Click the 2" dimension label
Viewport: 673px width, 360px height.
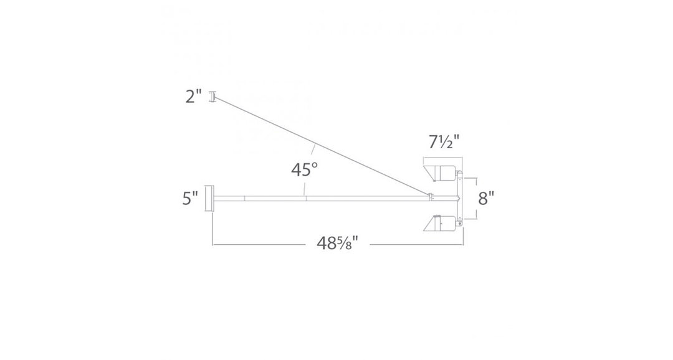pyautogui.click(x=194, y=97)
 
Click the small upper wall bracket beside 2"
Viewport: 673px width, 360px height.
pyautogui.click(x=213, y=97)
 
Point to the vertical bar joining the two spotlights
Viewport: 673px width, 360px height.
pyautogui.click(x=460, y=198)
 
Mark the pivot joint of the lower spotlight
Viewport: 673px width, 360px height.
pyautogui.click(x=460, y=220)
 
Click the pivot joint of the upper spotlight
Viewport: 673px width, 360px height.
pyautogui.click(x=460, y=175)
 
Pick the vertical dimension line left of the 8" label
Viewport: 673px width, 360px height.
pyautogui.click(x=477, y=198)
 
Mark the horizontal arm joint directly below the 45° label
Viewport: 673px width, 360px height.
pyautogui.click(x=305, y=198)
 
